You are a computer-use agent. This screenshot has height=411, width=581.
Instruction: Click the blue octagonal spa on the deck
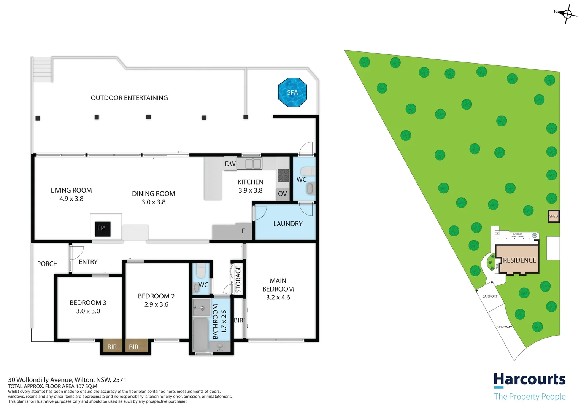[292, 92]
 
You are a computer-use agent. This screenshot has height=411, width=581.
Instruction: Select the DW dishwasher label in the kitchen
[230, 164]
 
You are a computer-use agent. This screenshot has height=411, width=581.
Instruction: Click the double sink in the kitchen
[253, 164]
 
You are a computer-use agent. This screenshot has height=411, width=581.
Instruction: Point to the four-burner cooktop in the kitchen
[283, 175]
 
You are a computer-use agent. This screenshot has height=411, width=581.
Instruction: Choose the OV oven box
[283, 194]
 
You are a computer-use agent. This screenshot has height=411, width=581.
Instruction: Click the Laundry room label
[288, 224]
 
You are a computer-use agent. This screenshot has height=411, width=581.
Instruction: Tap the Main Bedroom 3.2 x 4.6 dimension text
[278, 297]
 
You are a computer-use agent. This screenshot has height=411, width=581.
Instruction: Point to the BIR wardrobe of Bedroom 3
[112, 347]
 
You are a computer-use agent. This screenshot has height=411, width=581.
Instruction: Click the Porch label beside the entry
[48, 264]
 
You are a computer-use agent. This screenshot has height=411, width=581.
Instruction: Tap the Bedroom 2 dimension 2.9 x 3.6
[156, 304]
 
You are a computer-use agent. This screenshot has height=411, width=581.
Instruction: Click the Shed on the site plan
[553, 216]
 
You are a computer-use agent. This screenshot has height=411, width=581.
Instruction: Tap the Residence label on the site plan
[519, 260]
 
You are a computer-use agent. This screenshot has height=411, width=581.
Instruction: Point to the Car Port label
[490, 296]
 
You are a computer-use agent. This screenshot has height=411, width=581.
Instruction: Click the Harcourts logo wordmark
[529, 380]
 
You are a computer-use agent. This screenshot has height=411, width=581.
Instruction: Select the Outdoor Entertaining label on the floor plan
[129, 98]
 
